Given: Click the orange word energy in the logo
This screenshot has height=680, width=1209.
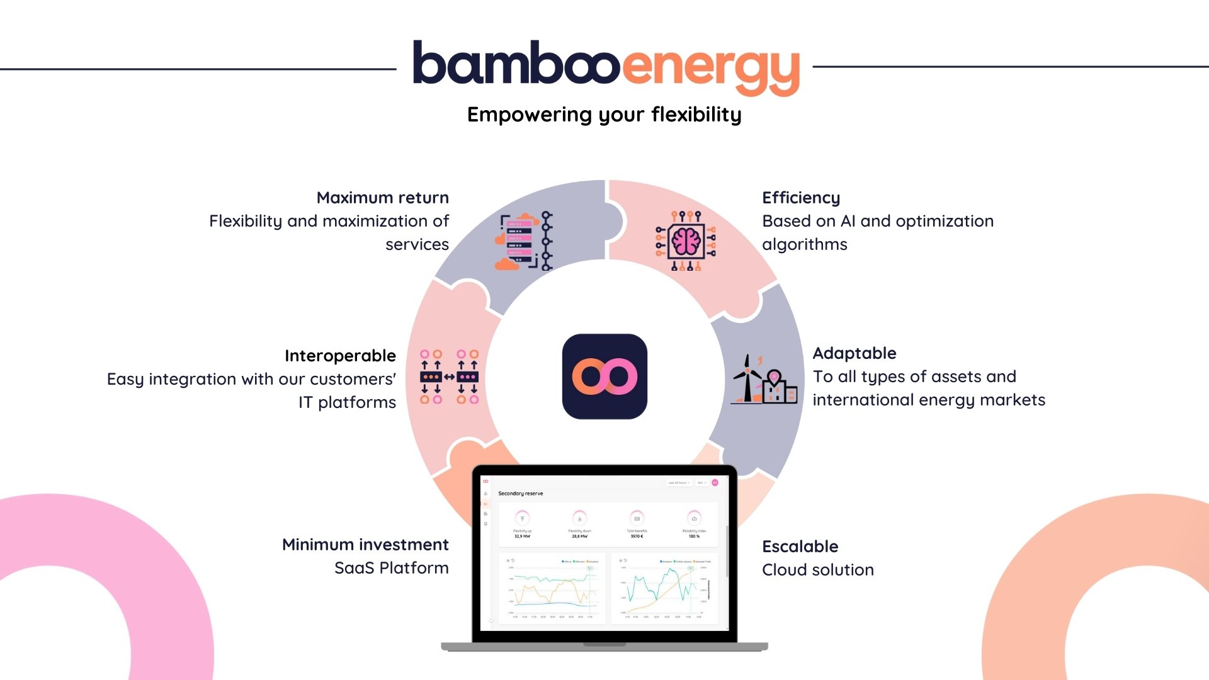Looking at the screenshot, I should [x=712, y=69].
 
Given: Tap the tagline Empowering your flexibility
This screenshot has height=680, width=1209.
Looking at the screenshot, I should [x=604, y=115].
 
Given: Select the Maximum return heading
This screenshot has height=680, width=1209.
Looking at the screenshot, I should [x=382, y=198].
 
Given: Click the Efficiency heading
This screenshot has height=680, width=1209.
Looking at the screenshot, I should [x=801, y=198].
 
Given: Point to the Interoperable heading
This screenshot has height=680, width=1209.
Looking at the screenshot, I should [x=340, y=356].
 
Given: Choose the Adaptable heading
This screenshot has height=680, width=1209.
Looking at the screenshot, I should [x=854, y=353].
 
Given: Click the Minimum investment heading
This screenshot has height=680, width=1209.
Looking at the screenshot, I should [x=365, y=545].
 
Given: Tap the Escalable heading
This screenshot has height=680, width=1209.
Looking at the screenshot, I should [x=800, y=547].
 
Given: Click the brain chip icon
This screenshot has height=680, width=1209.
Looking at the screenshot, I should [x=686, y=241].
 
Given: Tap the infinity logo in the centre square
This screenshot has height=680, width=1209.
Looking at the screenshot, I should [x=604, y=377].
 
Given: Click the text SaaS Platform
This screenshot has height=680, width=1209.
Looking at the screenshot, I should [x=392, y=568].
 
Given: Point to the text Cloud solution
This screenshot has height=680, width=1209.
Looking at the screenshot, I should [x=818, y=570].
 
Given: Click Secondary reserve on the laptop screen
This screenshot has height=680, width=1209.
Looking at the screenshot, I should [x=521, y=494].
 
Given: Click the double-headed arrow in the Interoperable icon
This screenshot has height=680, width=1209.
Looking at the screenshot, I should [x=449, y=377].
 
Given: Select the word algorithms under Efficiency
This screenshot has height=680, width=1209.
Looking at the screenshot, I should [x=805, y=244].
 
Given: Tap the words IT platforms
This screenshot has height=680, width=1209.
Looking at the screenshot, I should [x=347, y=402].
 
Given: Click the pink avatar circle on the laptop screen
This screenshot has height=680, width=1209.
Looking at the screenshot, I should [x=715, y=482].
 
